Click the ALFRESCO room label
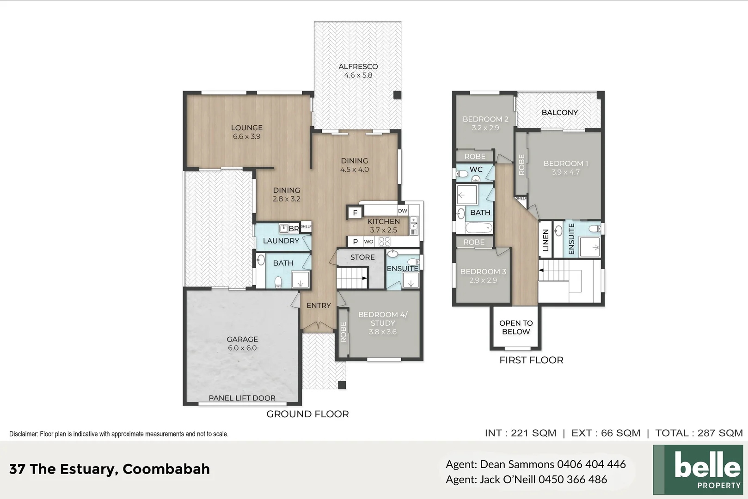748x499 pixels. tap(358, 67)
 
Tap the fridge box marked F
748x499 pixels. tap(355, 213)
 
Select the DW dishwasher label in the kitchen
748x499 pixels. tap(402, 211)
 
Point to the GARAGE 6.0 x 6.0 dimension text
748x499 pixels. tap(242, 348)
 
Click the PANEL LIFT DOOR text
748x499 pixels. tap(242, 398)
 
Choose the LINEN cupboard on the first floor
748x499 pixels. tap(546, 240)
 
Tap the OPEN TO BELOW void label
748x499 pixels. tap(516, 328)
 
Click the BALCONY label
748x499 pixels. tap(560, 112)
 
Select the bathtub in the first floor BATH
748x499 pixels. tap(479, 228)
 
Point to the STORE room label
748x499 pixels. tap(362, 257)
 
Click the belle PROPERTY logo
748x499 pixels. tap(698, 469)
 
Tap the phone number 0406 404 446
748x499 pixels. tap(591, 464)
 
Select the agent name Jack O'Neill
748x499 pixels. tap(508, 479)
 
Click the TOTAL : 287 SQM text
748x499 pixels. tap(699, 433)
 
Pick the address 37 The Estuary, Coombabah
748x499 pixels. tap(110, 469)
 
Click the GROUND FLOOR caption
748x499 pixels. tap(307, 414)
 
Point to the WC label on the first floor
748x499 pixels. tap(476, 169)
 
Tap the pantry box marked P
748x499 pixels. tap(356, 241)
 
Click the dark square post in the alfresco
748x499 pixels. tap(397, 95)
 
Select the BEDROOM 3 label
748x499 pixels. tap(483, 271)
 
